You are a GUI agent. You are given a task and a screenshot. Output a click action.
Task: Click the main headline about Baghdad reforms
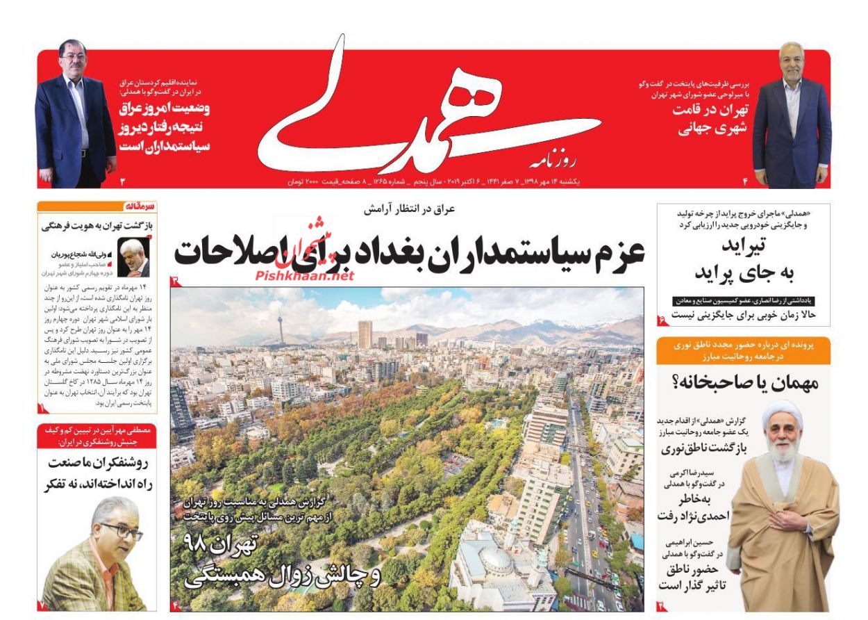[x=410, y=252]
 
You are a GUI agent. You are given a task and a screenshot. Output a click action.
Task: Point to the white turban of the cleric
[x=783, y=413]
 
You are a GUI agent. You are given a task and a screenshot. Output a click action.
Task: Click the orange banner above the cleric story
[x=743, y=350]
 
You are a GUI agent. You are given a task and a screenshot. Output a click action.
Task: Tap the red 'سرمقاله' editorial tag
[x=142, y=206]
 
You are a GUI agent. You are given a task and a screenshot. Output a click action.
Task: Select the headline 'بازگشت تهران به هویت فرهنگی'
[x=97, y=225]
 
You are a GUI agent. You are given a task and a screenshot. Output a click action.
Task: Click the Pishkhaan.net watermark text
[x=305, y=276]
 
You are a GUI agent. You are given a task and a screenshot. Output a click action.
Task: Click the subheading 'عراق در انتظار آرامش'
[x=410, y=209]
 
